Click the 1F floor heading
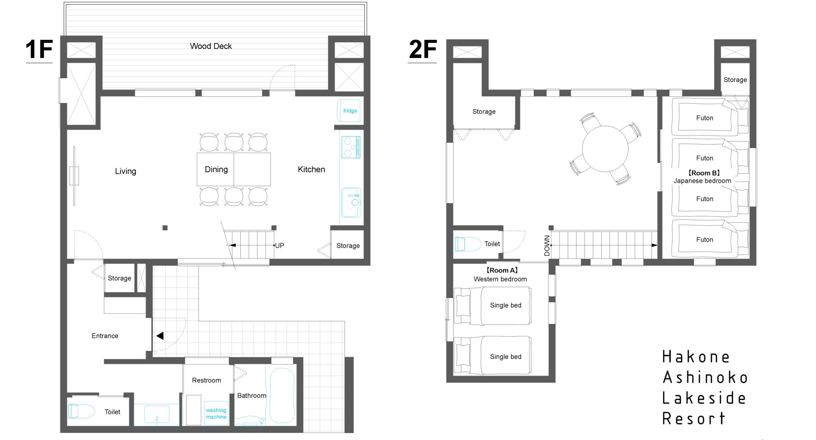(39, 49)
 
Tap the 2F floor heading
(423, 49)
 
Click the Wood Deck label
(211, 46)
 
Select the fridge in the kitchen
(349, 111)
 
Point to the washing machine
(216, 413)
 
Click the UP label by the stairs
(280, 245)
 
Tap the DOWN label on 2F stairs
(547, 246)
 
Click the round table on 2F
(605, 148)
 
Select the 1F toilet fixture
(81, 411)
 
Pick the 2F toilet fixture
(468, 244)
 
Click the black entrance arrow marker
(160, 336)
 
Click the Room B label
(704, 173)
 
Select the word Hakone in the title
(696, 357)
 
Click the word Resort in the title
(694, 419)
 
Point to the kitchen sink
(351, 202)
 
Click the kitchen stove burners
(351, 147)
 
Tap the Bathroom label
(252, 396)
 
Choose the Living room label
(126, 171)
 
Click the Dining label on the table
(216, 169)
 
